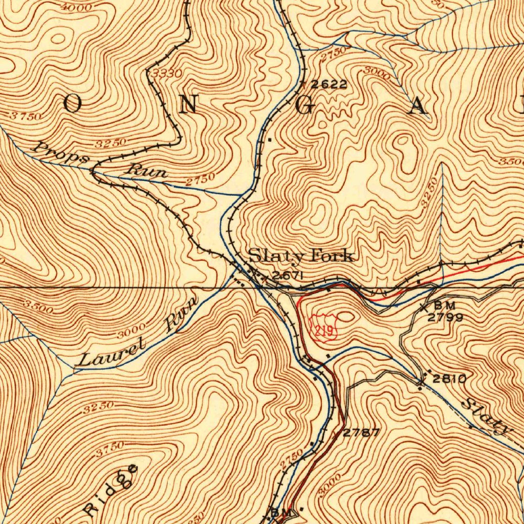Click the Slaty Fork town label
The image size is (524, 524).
click(x=300, y=255)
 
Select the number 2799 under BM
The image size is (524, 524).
click(x=445, y=317)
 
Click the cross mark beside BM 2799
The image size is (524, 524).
click(x=424, y=307)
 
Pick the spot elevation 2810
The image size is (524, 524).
click(x=449, y=379)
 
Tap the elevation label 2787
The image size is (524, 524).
click(x=361, y=433)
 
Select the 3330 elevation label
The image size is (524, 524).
click(x=167, y=74)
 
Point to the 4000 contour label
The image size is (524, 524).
click(x=75, y=7)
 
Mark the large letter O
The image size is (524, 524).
click(x=72, y=104)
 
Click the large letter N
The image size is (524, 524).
click(x=189, y=104)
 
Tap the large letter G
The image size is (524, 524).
click(x=304, y=105)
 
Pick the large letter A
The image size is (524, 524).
click(x=419, y=106)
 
